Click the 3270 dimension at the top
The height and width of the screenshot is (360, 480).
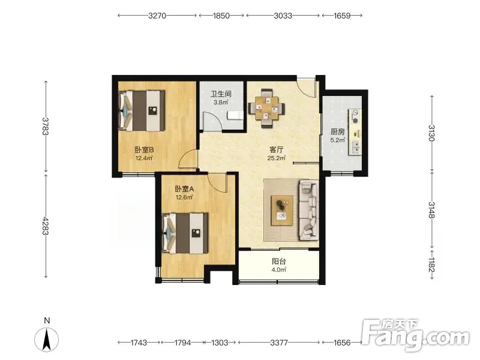coord(157,16)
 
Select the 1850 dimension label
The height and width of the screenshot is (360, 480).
coord(221,16)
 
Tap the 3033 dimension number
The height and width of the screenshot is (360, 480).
coord(283,16)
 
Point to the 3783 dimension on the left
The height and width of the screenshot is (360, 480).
coord(46,126)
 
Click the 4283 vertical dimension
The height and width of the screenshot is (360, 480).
coord(46,226)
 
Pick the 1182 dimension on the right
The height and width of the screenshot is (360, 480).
coord(432,265)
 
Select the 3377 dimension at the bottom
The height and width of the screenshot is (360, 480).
coord(279,343)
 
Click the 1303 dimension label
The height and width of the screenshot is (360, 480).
coord(220,343)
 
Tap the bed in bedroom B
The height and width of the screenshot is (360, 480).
coord(142,110)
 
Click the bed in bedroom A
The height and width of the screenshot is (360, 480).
coord(185,233)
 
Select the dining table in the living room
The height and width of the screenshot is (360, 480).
coord(266,109)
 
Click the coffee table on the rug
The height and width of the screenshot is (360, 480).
coord(282,211)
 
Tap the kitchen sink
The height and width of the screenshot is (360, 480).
coord(356,147)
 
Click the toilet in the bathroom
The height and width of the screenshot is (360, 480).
coord(235,115)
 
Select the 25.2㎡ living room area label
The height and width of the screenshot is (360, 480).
coord(277,158)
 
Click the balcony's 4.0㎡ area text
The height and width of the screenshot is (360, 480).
coord(278,269)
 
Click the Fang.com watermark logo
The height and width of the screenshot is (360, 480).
coord(415,335)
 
